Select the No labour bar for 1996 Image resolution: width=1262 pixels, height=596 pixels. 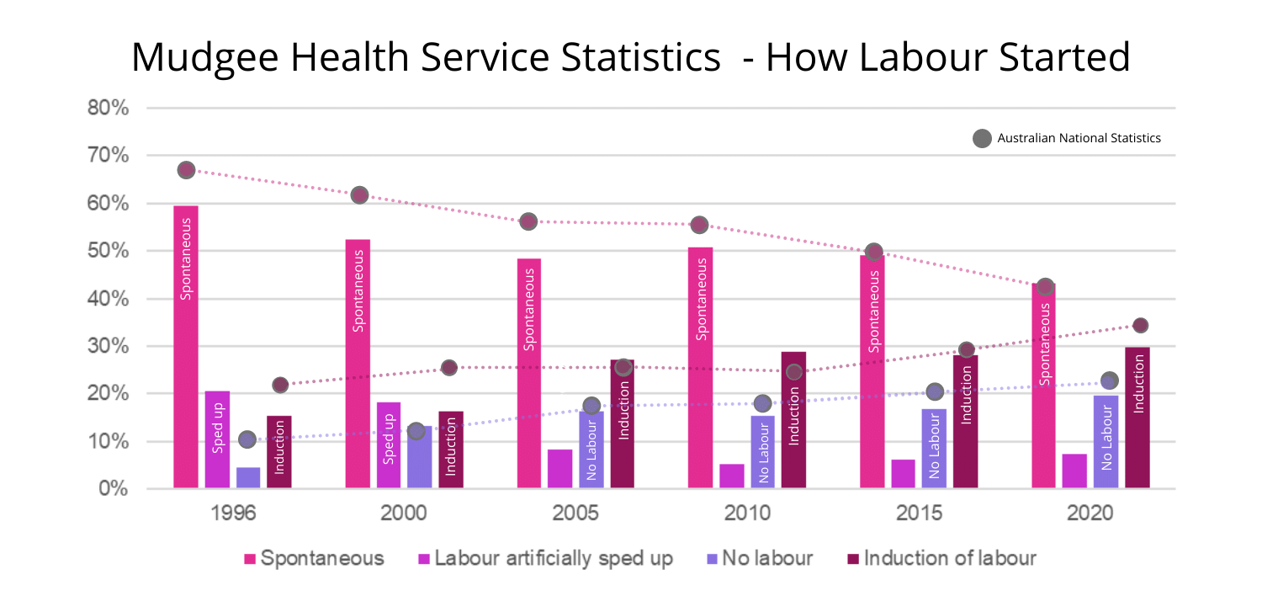tap(248, 477)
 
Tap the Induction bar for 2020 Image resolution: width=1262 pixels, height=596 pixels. tap(1137, 417)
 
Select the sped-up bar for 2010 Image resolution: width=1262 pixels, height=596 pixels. tap(732, 476)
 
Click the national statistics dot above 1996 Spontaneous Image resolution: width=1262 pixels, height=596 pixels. tap(187, 170)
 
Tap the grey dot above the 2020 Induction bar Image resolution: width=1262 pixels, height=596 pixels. tap(1140, 326)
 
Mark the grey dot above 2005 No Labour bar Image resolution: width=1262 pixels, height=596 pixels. tap(591, 406)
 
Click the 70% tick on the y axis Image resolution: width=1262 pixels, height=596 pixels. tap(108, 156)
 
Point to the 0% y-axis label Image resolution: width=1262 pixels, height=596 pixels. tap(113, 489)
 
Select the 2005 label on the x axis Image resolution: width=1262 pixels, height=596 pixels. tap(576, 514)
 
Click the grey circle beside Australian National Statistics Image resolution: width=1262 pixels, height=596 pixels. tap(982, 138)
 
